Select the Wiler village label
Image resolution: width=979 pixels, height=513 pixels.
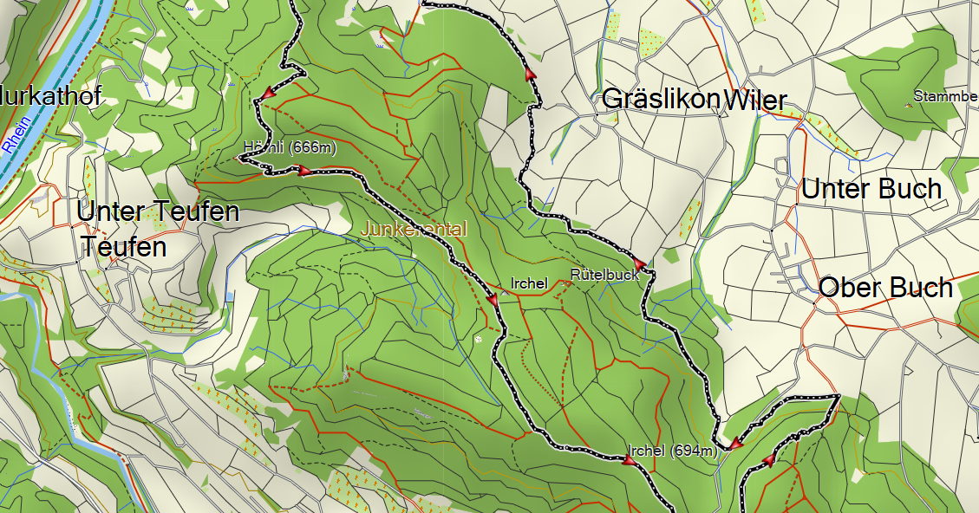coord(755,101)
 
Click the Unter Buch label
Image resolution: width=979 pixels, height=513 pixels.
coord(871,189)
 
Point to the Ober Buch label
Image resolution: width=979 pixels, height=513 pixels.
coord(885,288)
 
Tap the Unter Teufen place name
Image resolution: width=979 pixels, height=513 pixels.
coord(157,211)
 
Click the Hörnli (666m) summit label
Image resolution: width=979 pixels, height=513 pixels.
coord(290,147)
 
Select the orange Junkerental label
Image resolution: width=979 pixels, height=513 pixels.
coord(414,230)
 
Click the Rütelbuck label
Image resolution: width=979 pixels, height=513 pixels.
coord(604,275)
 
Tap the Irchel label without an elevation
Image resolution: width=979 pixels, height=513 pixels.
coord(529,282)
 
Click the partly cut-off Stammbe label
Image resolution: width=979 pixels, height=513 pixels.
coord(945,95)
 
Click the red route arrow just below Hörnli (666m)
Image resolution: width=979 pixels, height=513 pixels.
coord(304,172)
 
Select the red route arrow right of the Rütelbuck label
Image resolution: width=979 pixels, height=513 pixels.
coord(639,263)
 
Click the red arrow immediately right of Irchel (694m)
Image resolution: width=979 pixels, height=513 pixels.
coord(734,445)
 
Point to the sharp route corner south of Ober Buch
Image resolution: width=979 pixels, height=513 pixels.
coord(839,397)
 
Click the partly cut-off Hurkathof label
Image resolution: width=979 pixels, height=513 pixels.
coord(50,95)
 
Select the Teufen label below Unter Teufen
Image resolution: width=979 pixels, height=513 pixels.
coord(124,247)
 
